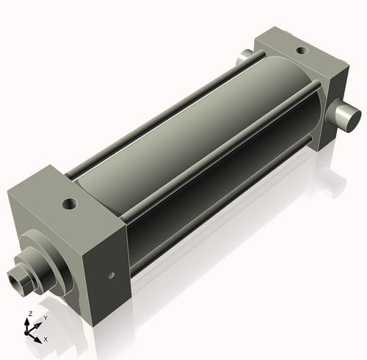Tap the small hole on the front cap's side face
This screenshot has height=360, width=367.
coord(111,276)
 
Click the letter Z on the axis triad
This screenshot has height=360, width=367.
coord(29,314)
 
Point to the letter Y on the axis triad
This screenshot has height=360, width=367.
coord(46,317)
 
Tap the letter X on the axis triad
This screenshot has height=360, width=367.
coord(46,339)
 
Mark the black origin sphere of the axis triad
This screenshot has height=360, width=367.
coord(30,331)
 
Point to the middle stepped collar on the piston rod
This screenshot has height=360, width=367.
coord(33,268)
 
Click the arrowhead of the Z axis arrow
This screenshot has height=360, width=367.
coord(29,321)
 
